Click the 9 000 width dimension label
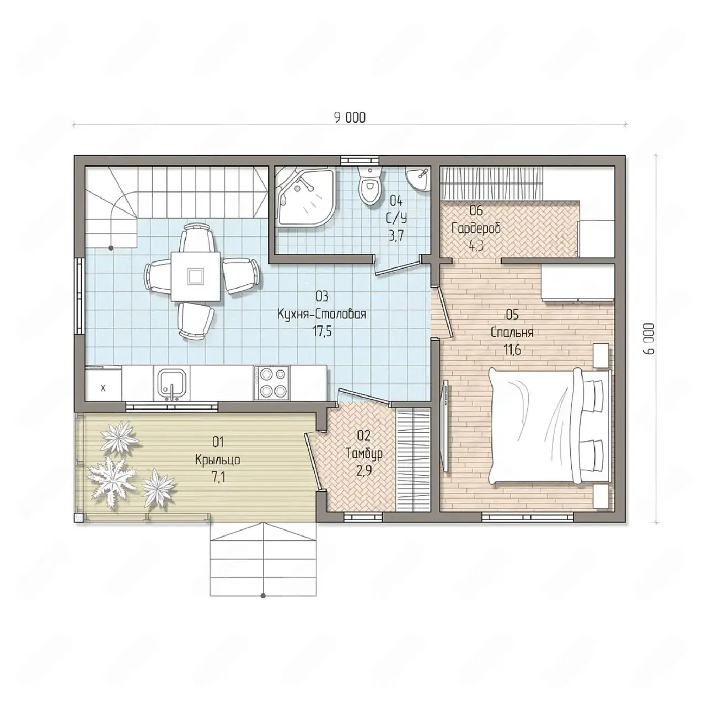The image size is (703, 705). tap(350, 118)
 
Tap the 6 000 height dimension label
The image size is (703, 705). tap(648, 338)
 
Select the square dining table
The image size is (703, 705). tap(196, 276)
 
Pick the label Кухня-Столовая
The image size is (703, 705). tap(322, 314)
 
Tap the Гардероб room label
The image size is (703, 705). tap(476, 228)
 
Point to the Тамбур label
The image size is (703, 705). tap(364, 453)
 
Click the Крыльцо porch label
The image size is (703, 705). tap(218, 460)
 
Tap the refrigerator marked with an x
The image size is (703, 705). tap(103, 385)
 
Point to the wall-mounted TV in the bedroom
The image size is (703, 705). tap(446, 426)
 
